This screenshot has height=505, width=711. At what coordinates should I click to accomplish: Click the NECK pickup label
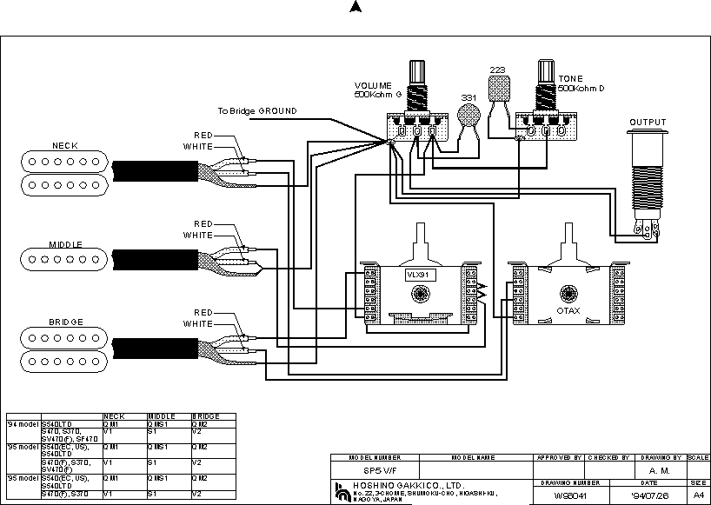pos(64,145)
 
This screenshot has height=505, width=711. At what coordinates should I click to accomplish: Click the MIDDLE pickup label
pos(65,244)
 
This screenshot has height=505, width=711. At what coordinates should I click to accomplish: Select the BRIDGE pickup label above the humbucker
pos(65,322)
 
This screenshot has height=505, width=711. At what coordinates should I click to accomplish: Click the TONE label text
pos(571,79)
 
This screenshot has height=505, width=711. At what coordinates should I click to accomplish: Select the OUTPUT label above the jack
pos(648,123)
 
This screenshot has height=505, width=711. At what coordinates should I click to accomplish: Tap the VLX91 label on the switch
pos(420,275)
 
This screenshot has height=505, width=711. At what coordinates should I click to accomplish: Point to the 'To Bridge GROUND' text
pos(257,111)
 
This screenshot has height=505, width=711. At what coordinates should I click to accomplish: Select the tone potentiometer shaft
pos(547,78)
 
